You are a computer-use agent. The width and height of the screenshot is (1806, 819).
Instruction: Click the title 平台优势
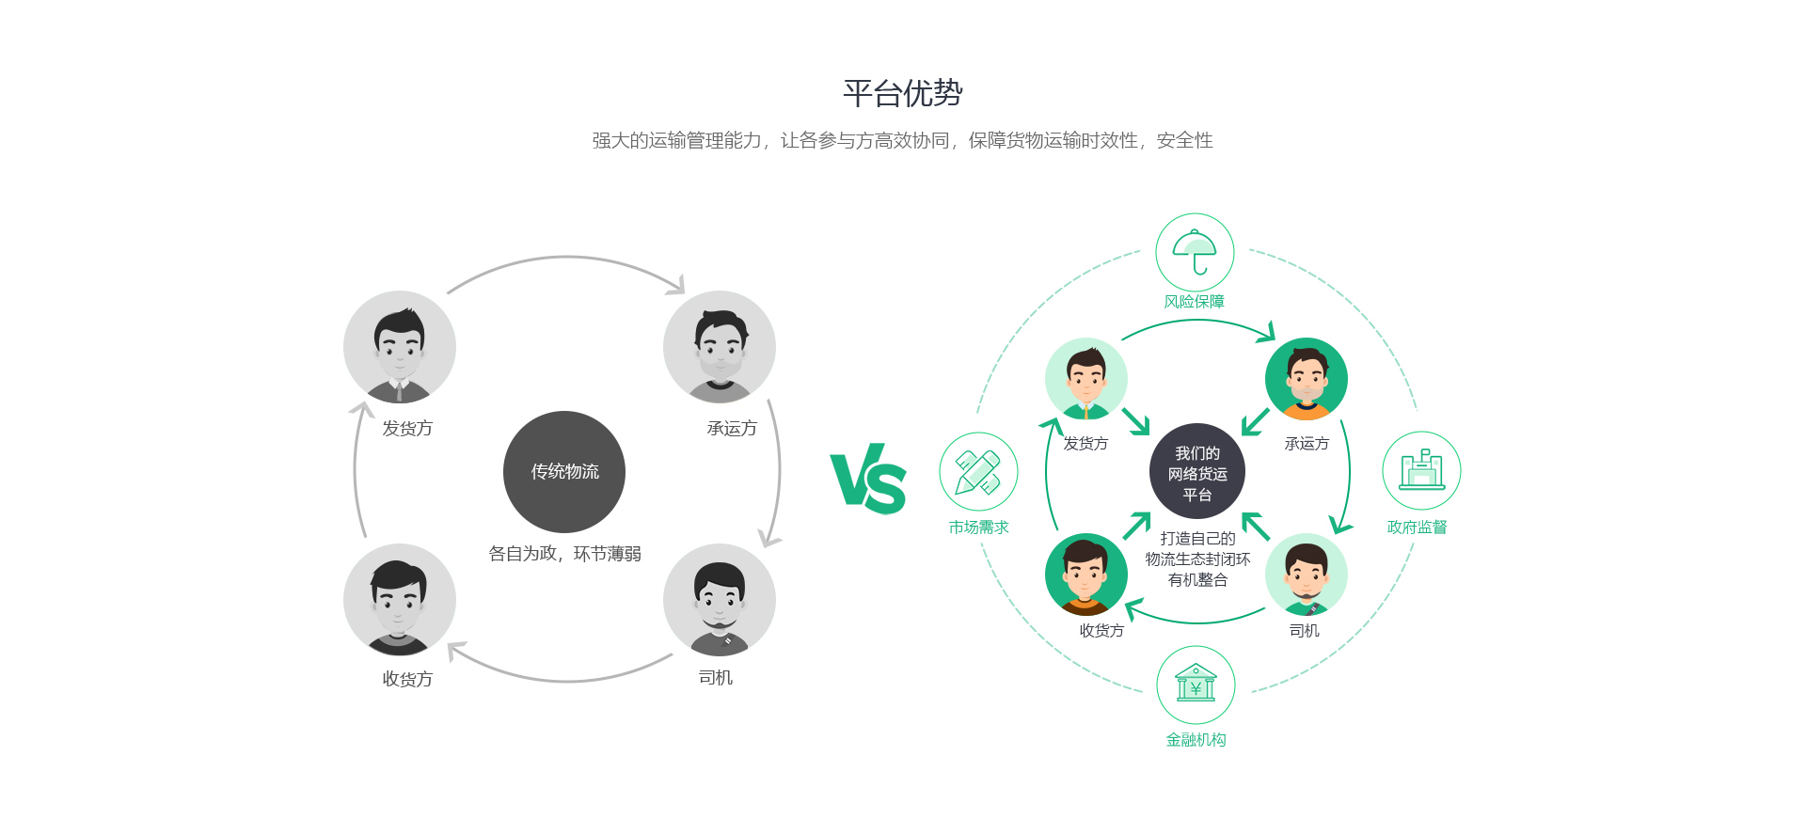click(902, 93)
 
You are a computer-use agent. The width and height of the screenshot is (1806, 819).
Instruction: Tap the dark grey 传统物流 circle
click(564, 471)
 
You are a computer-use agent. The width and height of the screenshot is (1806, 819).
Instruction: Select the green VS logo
click(868, 479)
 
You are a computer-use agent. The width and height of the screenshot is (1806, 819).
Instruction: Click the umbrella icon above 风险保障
click(1195, 252)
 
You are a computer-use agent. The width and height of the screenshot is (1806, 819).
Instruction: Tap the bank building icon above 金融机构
click(1196, 685)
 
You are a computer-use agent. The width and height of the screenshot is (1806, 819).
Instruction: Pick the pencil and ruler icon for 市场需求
click(978, 471)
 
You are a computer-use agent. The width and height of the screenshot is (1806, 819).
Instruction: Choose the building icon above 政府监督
click(1421, 470)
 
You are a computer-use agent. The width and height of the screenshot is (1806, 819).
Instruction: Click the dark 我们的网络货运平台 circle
click(1197, 471)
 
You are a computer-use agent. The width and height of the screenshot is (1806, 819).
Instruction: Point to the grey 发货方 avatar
click(400, 347)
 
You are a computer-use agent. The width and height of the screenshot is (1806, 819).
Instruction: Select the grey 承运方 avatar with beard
click(720, 347)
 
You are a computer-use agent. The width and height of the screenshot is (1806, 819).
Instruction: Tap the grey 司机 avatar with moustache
click(720, 600)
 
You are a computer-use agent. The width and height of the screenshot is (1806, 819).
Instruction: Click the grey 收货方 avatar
click(400, 600)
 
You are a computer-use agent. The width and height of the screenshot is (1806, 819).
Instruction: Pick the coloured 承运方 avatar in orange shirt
click(1307, 378)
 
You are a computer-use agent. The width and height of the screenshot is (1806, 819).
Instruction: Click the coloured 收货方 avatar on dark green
click(1086, 575)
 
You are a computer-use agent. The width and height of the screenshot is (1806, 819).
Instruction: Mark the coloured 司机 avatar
click(1307, 575)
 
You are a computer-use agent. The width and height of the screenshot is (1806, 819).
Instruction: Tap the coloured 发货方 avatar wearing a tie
click(1086, 378)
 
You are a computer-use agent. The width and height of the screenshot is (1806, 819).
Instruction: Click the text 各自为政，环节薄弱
click(564, 554)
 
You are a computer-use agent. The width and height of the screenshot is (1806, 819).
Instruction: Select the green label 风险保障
click(1195, 302)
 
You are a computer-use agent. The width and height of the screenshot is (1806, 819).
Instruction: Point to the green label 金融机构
click(1196, 740)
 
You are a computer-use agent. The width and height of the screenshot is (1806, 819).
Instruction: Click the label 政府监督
click(1417, 528)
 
